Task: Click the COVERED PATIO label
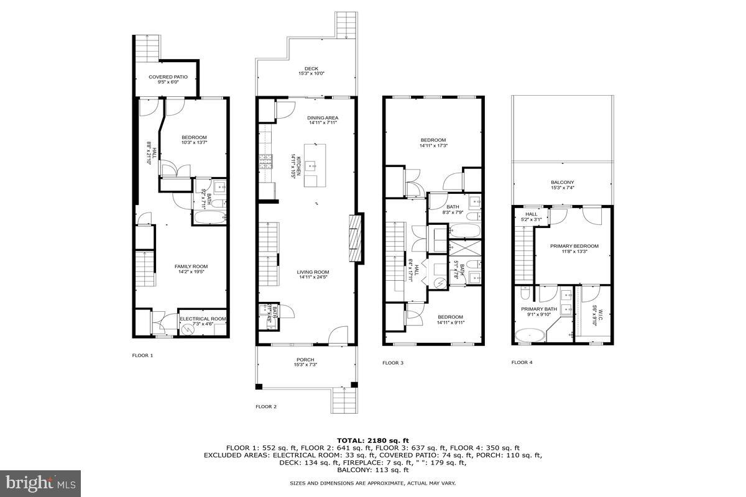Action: pyautogui.click(x=168, y=77)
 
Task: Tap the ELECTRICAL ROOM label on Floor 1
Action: pyautogui.click(x=203, y=319)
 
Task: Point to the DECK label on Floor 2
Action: pyautogui.click(x=311, y=69)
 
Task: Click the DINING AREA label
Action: pyautogui.click(x=323, y=117)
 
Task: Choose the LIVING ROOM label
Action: pyautogui.click(x=313, y=271)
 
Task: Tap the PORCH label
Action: pyautogui.click(x=305, y=360)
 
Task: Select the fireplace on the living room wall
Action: pyautogui.click(x=355, y=239)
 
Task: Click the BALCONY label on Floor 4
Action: pyautogui.click(x=563, y=183)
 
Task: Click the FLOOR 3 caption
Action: pyautogui.click(x=393, y=363)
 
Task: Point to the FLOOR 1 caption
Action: pyautogui.click(x=142, y=355)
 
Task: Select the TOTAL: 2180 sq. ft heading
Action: pyautogui.click(x=372, y=439)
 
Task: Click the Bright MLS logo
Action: pyautogui.click(x=41, y=481)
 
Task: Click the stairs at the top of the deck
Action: pyautogui.click(x=345, y=25)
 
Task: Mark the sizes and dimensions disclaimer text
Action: pyautogui.click(x=372, y=483)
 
